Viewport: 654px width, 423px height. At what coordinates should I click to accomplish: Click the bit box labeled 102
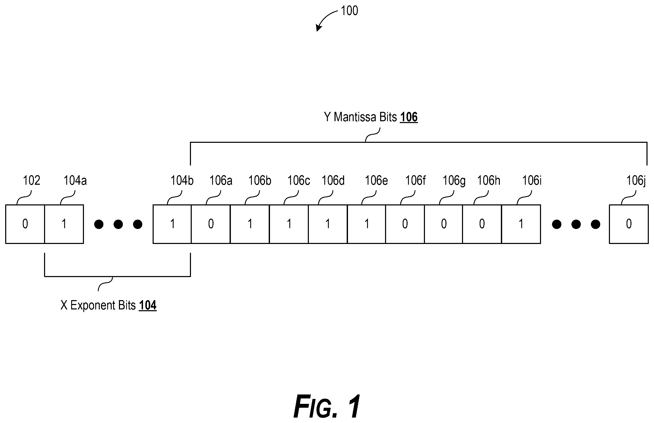[x=25, y=224]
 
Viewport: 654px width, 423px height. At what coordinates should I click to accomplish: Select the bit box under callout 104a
[x=64, y=224]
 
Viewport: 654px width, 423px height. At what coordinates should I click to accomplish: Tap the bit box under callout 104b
[x=172, y=224]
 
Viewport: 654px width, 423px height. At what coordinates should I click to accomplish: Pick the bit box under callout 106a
[x=211, y=224]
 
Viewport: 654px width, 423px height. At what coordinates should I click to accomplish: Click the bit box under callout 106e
[x=367, y=224]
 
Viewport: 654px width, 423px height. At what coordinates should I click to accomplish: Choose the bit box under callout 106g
[x=444, y=224]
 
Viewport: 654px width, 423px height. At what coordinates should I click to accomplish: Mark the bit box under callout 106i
[x=521, y=224]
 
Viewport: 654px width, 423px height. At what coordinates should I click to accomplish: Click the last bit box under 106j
[x=629, y=224]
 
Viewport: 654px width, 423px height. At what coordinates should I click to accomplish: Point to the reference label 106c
[x=299, y=181]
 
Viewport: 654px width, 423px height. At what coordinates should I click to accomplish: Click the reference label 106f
[x=415, y=181]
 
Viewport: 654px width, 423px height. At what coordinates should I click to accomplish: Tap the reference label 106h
[x=489, y=181]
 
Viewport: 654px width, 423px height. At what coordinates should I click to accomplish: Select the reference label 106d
[x=333, y=181]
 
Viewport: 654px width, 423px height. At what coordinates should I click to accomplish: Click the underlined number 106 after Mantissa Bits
[x=409, y=117]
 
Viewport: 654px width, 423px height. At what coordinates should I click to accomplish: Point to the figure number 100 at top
[x=349, y=11]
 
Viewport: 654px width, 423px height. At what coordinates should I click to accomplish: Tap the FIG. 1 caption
[x=327, y=406]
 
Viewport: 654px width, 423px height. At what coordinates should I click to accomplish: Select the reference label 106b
[x=260, y=181]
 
